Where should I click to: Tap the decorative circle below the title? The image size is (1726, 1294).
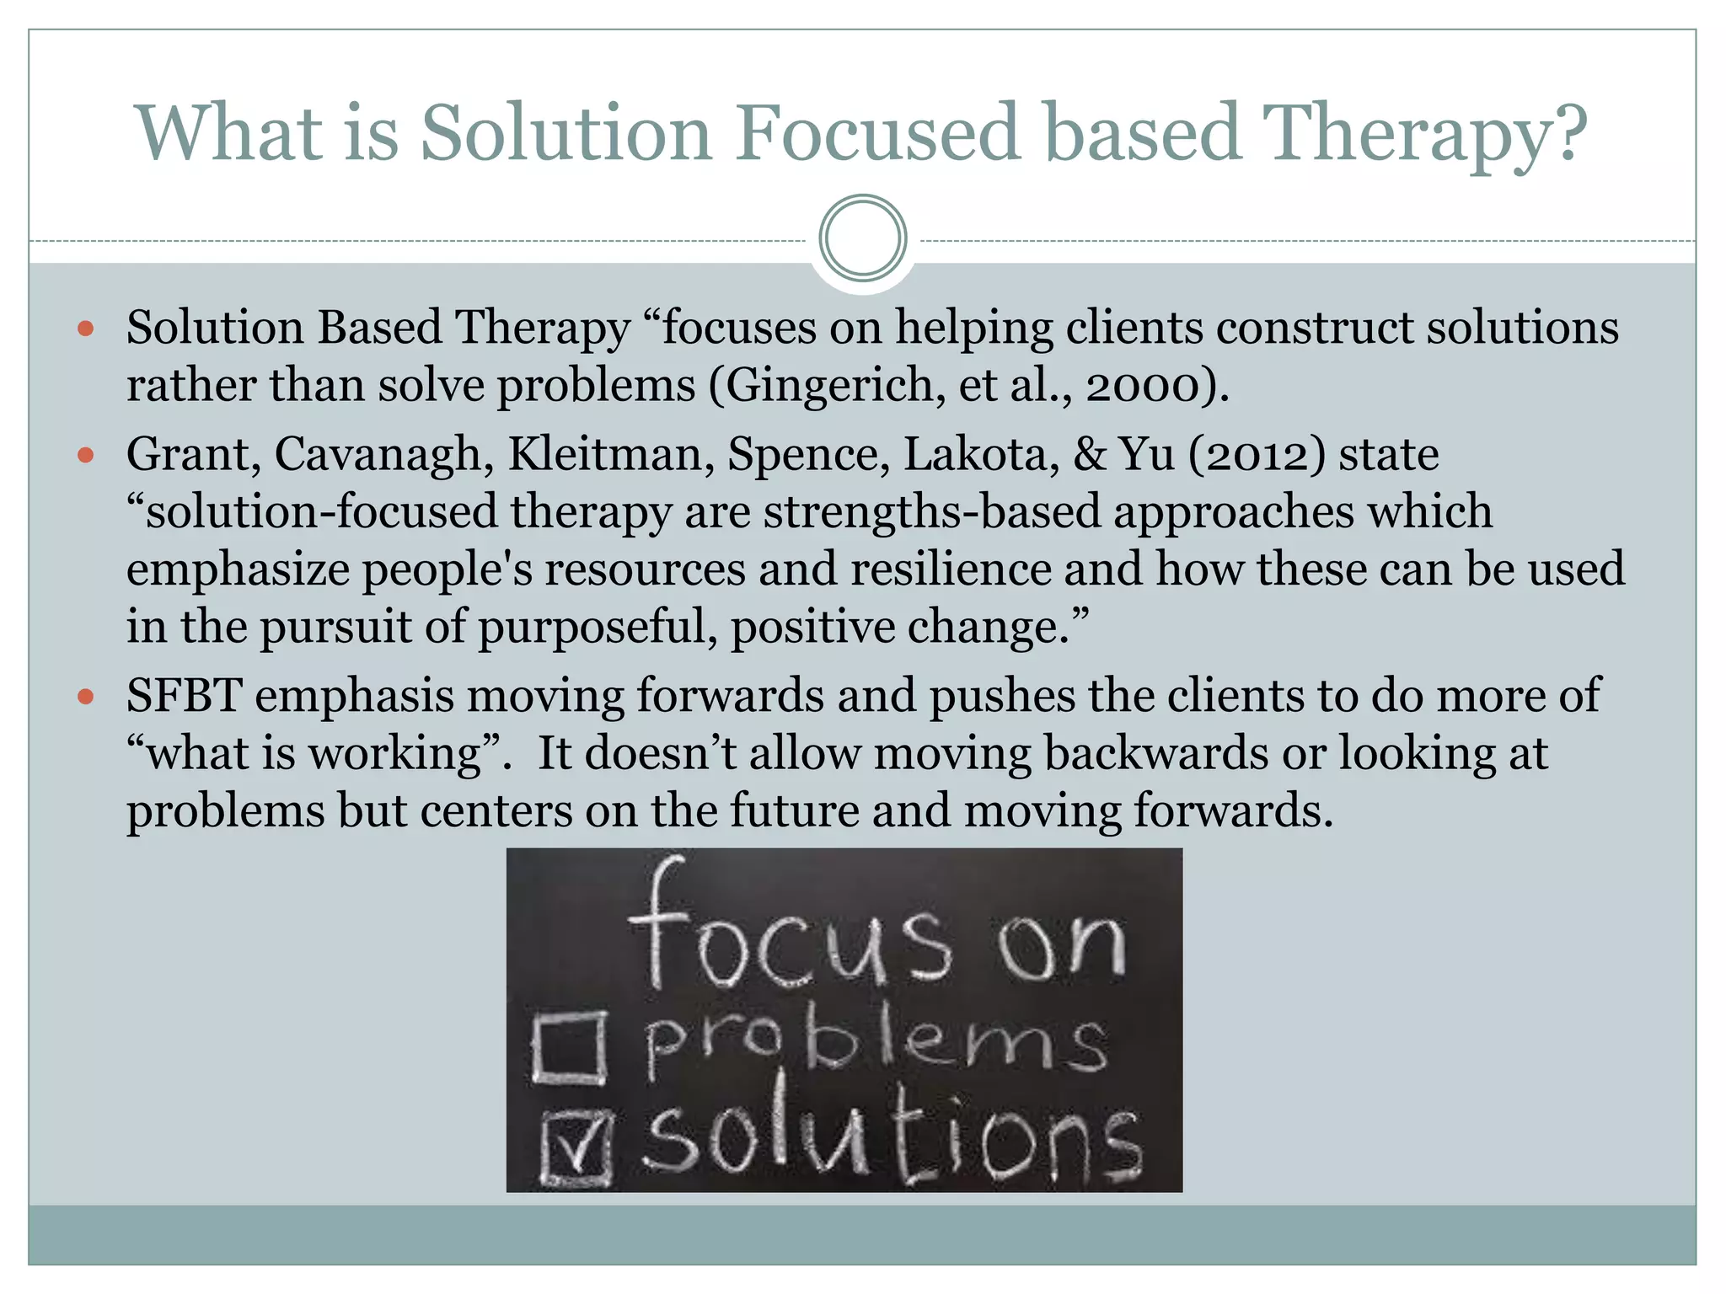click(x=862, y=238)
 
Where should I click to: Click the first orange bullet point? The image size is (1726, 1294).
click(x=85, y=329)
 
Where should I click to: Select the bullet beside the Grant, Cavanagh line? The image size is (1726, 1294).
click(x=85, y=456)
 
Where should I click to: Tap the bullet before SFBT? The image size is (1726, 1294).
click(x=85, y=698)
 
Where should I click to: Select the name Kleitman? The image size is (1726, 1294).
click(x=605, y=455)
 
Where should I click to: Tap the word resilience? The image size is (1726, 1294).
click(x=951, y=569)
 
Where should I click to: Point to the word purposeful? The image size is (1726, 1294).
click(x=597, y=628)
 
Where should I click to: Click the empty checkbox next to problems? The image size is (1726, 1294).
click(x=570, y=1048)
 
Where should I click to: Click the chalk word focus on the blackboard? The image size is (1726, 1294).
click(x=791, y=931)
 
